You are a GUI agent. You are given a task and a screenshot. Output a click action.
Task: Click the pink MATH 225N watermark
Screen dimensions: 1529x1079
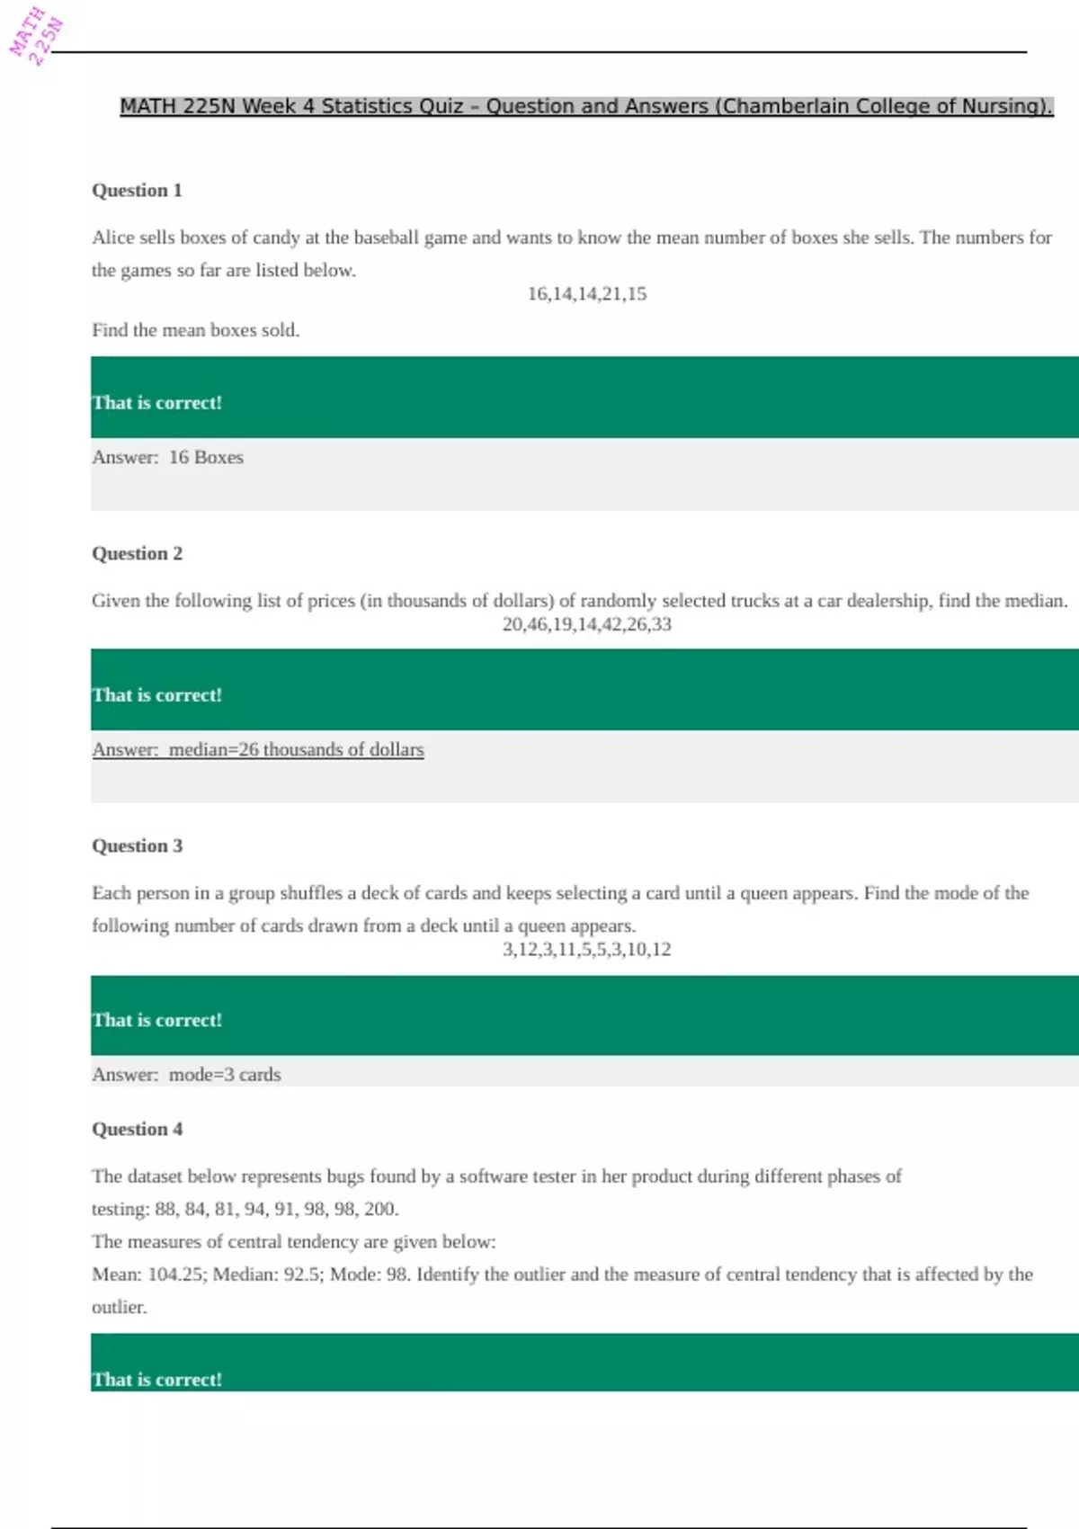[35, 36]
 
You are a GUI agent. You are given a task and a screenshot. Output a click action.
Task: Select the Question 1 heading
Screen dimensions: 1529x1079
[137, 191]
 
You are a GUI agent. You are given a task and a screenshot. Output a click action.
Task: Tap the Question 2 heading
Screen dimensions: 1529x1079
[137, 554]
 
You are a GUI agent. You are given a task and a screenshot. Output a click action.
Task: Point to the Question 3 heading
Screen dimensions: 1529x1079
[137, 846]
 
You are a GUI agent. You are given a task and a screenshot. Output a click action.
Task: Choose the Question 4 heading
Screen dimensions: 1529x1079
[137, 1130]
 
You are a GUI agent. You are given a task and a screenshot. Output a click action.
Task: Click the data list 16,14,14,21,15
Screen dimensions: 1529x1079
[586, 294]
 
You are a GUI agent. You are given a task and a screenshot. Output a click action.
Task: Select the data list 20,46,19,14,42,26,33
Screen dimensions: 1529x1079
[586, 624]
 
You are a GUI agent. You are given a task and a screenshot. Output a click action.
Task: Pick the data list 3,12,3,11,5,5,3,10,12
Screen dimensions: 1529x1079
[586, 950]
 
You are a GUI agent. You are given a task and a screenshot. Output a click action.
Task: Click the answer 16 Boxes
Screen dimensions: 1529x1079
[206, 458]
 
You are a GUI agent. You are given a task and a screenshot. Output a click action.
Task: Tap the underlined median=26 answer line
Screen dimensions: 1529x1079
[258, 750]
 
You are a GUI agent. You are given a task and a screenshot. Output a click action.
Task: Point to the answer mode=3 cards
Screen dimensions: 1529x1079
[225, 1075]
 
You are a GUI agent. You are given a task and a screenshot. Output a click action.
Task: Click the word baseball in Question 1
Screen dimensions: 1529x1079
[387, 238]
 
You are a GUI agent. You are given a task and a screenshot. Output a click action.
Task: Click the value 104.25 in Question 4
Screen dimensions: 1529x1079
[175, 1274]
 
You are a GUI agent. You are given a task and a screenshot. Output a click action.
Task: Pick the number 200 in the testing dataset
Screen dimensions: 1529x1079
[379, 1210]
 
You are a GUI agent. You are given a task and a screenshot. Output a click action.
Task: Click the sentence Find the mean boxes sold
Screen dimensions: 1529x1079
[195, 330]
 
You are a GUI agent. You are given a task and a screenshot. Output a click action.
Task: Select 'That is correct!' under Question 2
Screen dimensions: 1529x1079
[156, 695]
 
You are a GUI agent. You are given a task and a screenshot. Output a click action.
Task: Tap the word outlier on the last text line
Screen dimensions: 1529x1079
[118, 1308]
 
